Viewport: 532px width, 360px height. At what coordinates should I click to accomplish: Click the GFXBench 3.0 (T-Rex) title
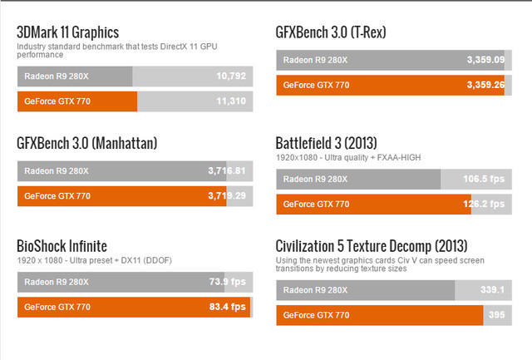331,32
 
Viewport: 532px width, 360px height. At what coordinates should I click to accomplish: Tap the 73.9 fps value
227,283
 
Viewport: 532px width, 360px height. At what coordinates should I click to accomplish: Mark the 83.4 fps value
227,308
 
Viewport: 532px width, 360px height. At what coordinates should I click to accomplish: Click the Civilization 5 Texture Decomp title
372,246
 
